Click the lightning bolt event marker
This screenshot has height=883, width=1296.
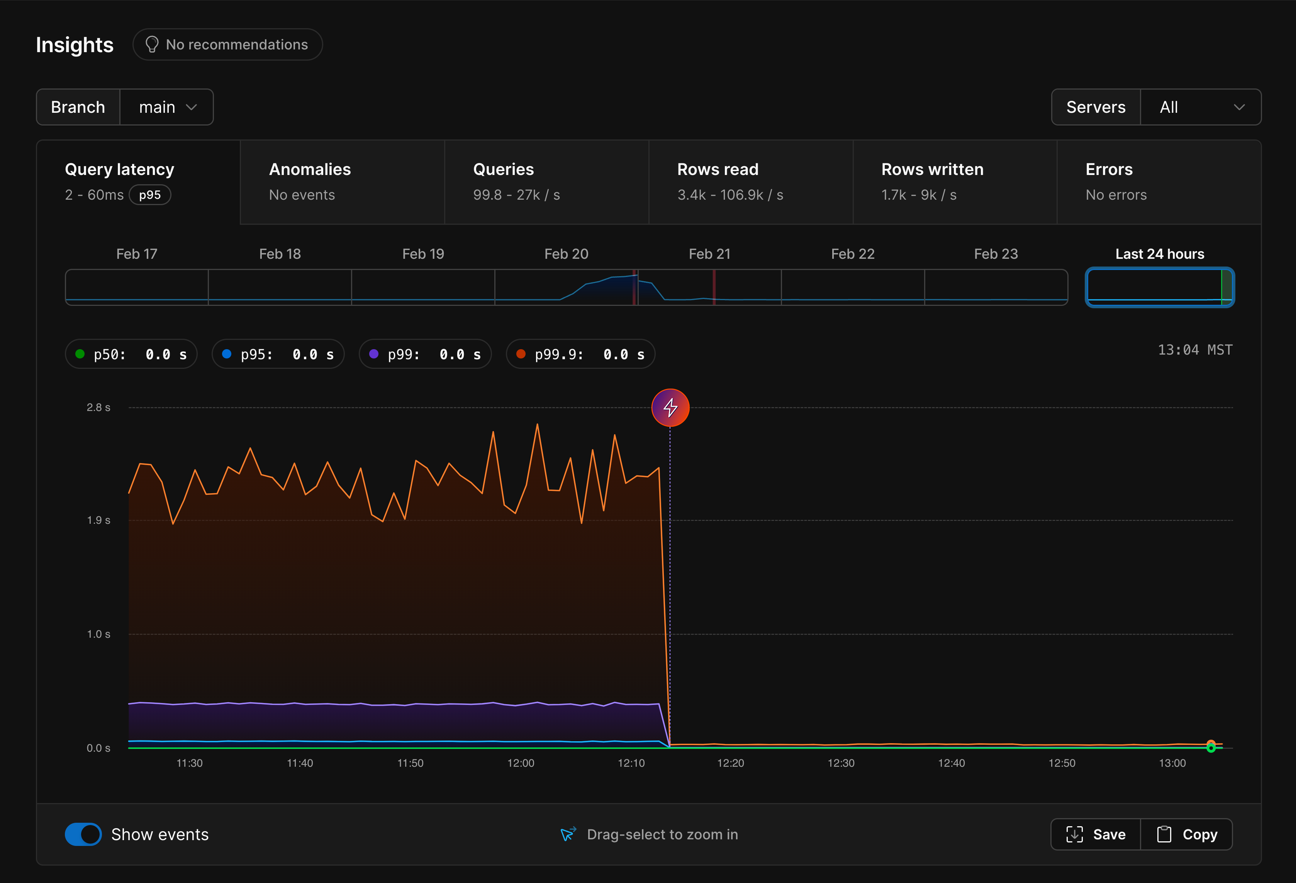pyautogui.click(x=670, y=408)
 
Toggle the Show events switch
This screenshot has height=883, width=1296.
pyautogui.click(x=83, y=834)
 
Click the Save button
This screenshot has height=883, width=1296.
pyautogui.click(x=1096, y=834)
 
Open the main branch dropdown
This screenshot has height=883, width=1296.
pyautogui.click(x=167, y=107)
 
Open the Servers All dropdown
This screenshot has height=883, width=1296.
pyautogui.click(x=1201, y=107)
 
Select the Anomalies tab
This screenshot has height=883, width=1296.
pyautogui.click(x=343, y=182)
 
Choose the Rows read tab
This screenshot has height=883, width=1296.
pyautogui.click(x=751, y=182)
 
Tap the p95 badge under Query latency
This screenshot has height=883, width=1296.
pyautogui.click(x=150, y=195)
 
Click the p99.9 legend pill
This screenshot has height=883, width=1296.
pyautogui.click(x=580, y=354)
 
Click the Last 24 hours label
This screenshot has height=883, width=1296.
pyautogui.click(x=1159, y=254)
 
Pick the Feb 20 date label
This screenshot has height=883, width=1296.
pyautogui.click(x=566, y=254)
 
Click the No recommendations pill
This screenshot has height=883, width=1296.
pyautogui.click(x=227, y=45)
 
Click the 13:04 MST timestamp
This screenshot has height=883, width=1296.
pyautogui.click(x=1194, y=350)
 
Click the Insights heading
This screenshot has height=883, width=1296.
pyautogui.click(x=75, y=45)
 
